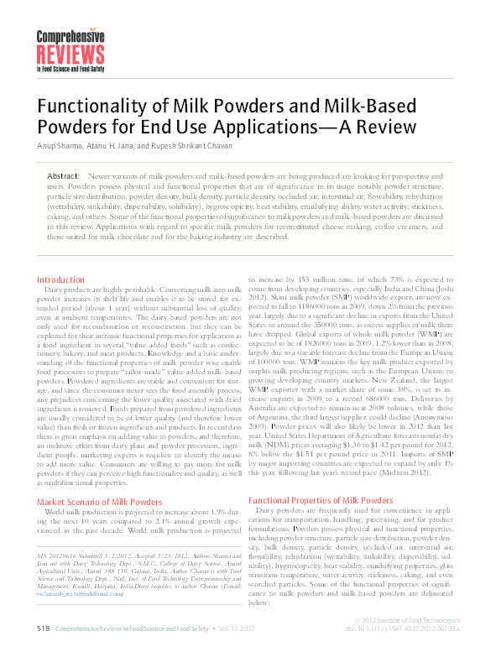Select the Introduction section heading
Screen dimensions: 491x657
60,279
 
